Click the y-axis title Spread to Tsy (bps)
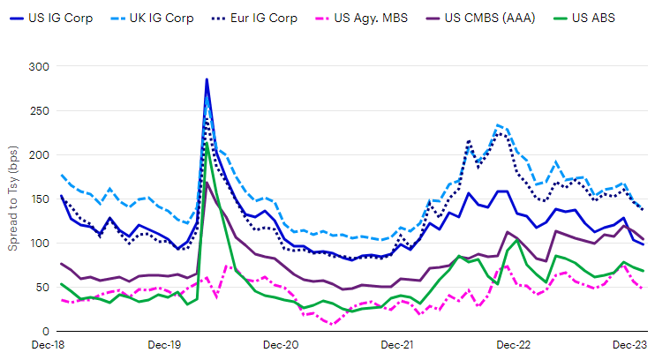click(13, 199)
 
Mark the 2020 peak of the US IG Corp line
click(207, 79)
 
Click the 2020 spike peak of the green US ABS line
click(207, 144)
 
